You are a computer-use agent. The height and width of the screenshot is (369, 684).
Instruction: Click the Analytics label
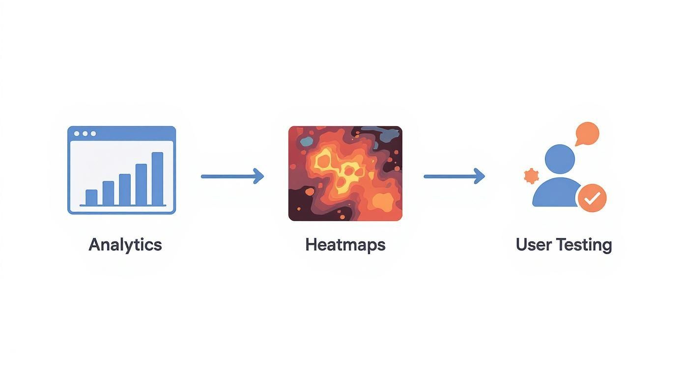(125, 244)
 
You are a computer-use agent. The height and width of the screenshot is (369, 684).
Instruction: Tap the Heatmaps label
(345, 244)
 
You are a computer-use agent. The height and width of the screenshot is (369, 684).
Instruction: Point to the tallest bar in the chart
(157, 179)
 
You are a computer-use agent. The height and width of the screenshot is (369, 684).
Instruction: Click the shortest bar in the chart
(91, 197)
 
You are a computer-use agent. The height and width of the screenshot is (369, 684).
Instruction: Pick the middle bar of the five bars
(125, 189)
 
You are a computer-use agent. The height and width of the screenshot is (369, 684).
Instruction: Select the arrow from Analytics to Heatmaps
(232, 176)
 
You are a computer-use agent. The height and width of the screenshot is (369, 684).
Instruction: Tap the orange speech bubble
(587, 133)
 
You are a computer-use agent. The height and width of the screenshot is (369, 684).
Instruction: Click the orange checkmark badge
(592, 198)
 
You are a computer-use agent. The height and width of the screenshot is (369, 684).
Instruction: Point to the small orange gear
(531, 176)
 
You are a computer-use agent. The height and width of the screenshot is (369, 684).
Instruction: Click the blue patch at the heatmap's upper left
(306, 142)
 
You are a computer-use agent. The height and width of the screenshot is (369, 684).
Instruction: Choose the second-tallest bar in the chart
(141, 184)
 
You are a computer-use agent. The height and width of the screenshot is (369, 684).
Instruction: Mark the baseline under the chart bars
(123, 206)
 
